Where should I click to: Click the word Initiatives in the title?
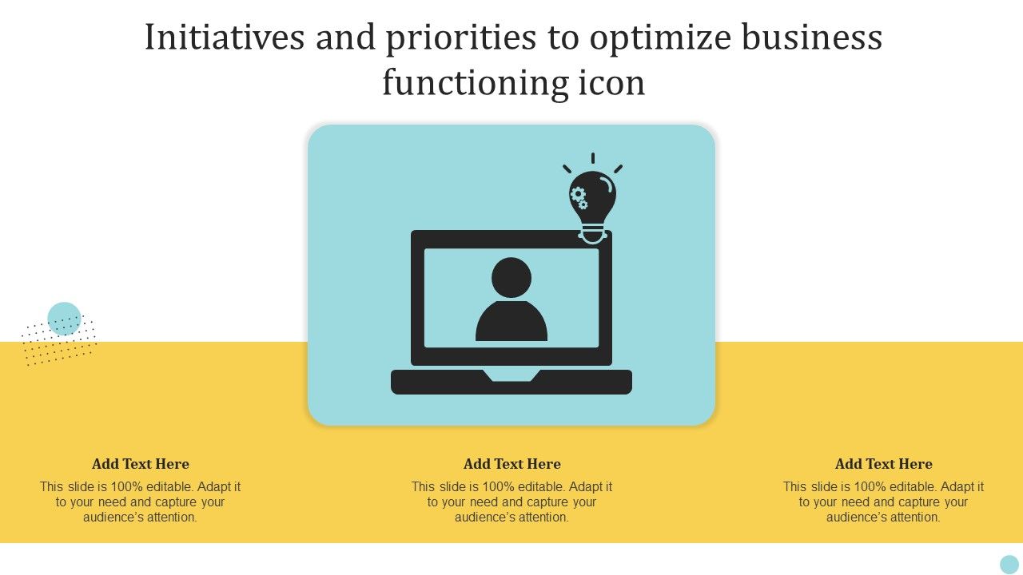click(x=225, y=38)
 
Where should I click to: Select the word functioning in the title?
click(x=476, y=83)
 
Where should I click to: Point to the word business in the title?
click(x=812, y=37)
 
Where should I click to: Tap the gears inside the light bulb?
click(x=579, y=197)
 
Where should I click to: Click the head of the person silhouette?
click(x=511, y=277)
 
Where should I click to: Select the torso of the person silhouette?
click(x=511, y=321)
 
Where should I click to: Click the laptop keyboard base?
click(x=511, y=383)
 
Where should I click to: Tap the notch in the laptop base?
click(x=511, y=375)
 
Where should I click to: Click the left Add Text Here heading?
click(x=140, y=464)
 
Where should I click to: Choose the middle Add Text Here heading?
click(x=512, y=464)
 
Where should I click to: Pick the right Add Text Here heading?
click(x=884, y=464)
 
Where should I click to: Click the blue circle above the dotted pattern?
click(x=65, y=319)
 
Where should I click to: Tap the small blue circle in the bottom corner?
click(x=1009, y=565)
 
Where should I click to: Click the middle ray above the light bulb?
click(x=593, y=158)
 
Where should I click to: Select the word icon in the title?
click(x=612, y=83)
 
